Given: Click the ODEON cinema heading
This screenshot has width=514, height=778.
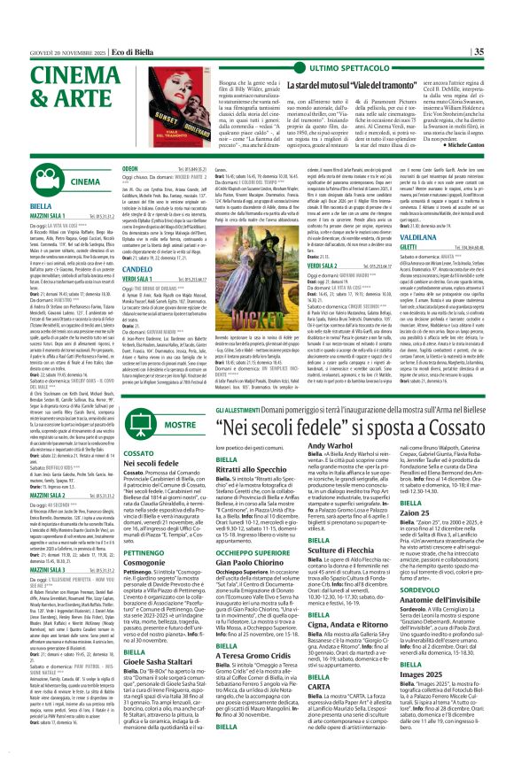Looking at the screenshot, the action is [129, 166].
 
